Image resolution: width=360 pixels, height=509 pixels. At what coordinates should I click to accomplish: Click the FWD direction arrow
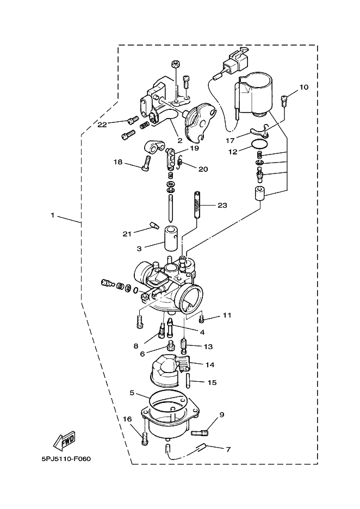[64, 441]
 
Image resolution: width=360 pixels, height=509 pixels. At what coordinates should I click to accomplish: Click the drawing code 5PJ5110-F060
[66, 459]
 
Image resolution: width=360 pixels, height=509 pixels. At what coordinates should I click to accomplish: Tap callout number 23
[222, 205]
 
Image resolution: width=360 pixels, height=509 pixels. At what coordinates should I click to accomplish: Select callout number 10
[304, 87]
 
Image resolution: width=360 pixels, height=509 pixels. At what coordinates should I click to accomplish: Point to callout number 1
[53, 215]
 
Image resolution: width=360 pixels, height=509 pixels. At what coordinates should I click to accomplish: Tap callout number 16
[128, 419]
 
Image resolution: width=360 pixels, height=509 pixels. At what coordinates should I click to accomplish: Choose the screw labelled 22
[131, 121]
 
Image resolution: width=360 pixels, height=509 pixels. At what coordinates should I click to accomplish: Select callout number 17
[230, 140]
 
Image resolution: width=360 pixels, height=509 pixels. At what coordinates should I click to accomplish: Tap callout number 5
[132, 393]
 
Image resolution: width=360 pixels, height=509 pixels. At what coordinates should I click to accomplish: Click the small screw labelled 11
[202, 320]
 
